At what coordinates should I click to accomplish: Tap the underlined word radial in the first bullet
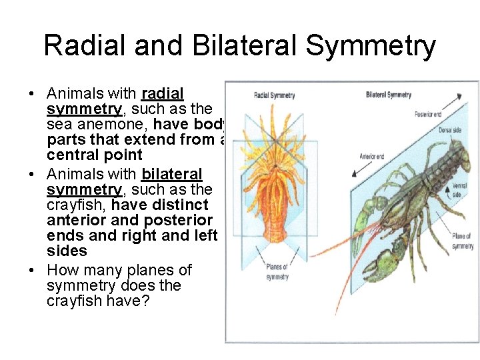click(162, 93)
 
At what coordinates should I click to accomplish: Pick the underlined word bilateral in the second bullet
click(171, 174)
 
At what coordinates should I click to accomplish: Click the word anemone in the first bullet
click(111, 124)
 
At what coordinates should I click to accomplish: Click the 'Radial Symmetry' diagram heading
click(274, 95)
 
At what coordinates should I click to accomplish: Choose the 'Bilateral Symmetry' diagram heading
click(389, 95)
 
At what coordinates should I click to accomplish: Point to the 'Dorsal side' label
click(449, 130)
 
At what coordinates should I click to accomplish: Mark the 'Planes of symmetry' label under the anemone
click(277, 272)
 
